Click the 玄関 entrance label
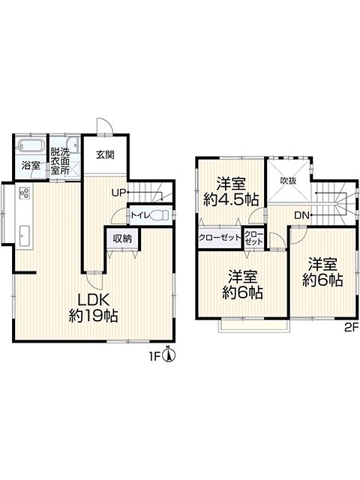pos(105,155)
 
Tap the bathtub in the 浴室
pos(30,145)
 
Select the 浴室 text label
pos(31,166)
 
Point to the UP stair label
pos(118,193)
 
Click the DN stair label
pos(301,215)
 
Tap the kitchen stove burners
pos(24,193)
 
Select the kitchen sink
pos(24,235)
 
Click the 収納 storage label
pos(122,238)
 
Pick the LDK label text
pos(93,299)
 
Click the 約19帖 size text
pos(93,315)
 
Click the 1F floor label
pos(154,357)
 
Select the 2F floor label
pos(351,328)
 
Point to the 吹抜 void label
pos(289,181)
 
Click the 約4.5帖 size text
pos(231,200)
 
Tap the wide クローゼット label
pos(220,237)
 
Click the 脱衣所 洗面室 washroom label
pos(60,161)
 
